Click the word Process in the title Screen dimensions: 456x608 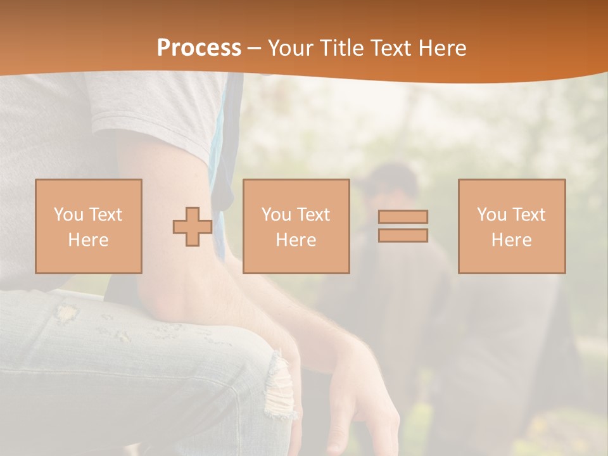pyautogui.click(x=199, y=48)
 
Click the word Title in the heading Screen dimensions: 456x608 pyautogui.click(x=343, y=48)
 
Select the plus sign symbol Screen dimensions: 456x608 pyautogui.click(x=193, y=227)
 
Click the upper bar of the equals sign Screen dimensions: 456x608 pyautogui.click(x=403, y=217)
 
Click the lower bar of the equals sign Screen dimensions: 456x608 pyautogui.click(x=403, y=236)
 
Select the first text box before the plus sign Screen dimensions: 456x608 pyautogui.click(x=89, y=227)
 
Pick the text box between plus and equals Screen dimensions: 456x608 pyautogui.click(x=296, y=227)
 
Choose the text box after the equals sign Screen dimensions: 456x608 pyautogui.click(x=512, y=227)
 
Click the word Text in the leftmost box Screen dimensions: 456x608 pyautogui.click(x=106, y=215)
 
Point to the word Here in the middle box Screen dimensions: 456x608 pyautogui.click(x=296, y=240)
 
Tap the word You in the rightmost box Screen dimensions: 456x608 pyautogui.click(x=491, y=215)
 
